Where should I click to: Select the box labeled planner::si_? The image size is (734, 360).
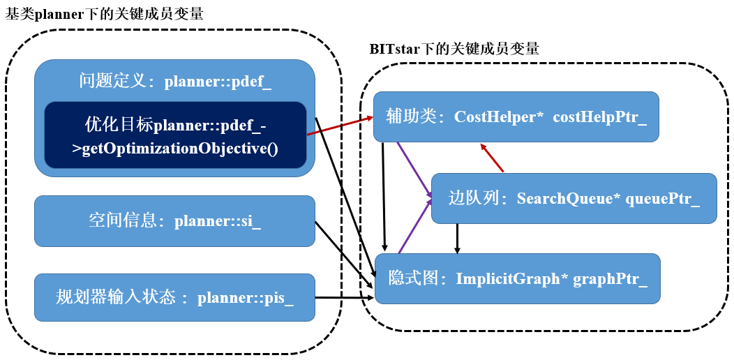pyautogui.click(x=174, y=221)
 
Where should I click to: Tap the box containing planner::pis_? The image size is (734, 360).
pyautogui.click(x=174, y=299)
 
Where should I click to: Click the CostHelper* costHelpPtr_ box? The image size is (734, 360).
pyautogui.click(x=516, y=117)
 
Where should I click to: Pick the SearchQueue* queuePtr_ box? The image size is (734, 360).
pyautogui.click(x=574, y=198)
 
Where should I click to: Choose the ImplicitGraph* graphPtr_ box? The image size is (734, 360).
pyautogui.click(x=517, y=278)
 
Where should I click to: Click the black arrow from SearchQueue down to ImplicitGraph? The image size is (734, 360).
pyautogui.click(x=457, y=237)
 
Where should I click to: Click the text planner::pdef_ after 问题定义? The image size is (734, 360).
pyautogui.click(x=218, y=82)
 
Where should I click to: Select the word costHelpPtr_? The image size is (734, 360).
pyautogui.click(x=599, y=117)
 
